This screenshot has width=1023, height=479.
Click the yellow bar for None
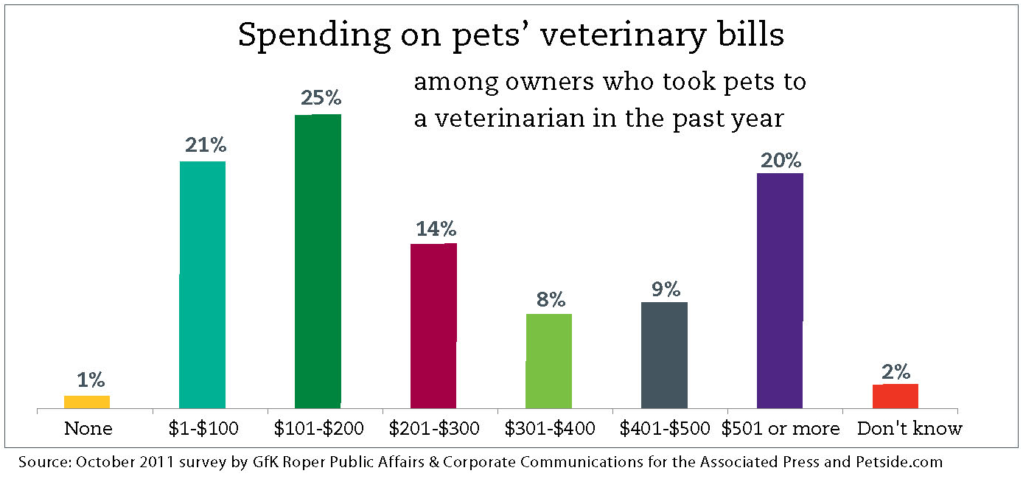tap(87, 402)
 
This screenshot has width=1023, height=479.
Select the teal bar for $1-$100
tap(203, 284)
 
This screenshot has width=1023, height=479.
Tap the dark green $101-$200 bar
tap(318, 259)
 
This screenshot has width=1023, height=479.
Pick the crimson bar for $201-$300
tap(433, 325)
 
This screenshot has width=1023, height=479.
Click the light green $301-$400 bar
tap(549, 360)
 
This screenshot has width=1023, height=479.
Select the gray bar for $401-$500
tap(664, 354)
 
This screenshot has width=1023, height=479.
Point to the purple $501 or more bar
tap(780, 290)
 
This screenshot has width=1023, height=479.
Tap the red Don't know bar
tap(895, 396)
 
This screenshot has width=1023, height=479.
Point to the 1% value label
tap(90, 380)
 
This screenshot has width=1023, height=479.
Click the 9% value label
tap(665, 289)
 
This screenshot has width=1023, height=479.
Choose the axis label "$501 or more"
tap(781, 428)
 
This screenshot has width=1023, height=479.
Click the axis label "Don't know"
tap(909, 428)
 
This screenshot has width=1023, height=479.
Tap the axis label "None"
tap(88, 428)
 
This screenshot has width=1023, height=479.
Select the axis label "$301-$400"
tap(550, 428)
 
